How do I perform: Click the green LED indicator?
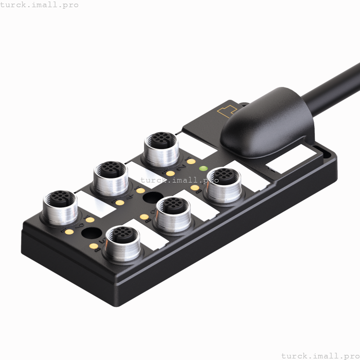pos(203,169)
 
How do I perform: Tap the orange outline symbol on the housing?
pos(226,111)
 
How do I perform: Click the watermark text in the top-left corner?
pos(40,5)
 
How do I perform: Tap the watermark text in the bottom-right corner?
pos(320,355)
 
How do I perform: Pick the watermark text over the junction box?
pos(179,180)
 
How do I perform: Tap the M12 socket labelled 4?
pos(110,175)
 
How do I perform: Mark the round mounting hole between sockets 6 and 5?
pos(92,233)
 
